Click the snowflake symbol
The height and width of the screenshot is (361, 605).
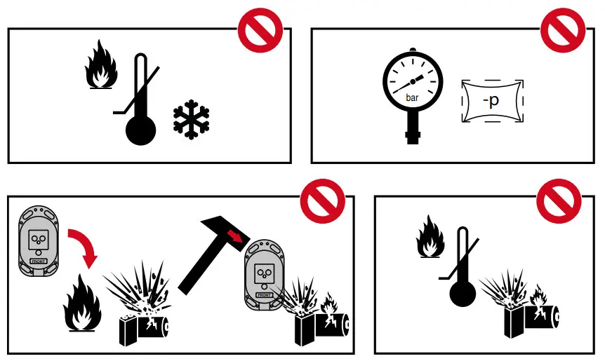tap(191, 120)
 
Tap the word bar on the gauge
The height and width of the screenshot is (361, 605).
tap(413, 99)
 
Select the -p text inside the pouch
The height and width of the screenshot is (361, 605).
tap(491, 101)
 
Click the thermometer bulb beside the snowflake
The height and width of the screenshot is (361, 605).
tap(139, 130)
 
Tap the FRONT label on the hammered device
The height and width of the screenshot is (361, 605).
tap(264, 294)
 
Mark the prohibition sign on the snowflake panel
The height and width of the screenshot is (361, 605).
tap(260, 30)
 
